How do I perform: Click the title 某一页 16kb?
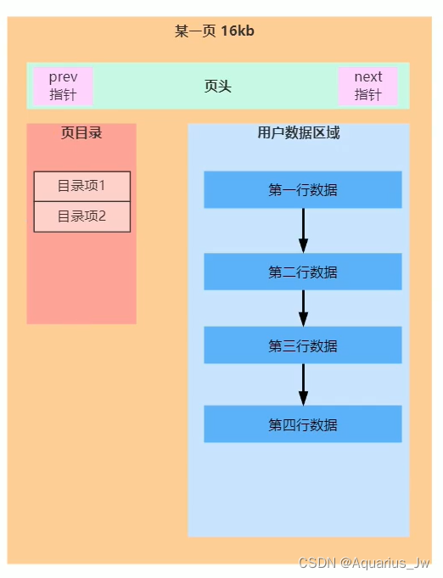(215, 31)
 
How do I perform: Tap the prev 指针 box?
(63, 86)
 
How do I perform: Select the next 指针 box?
(367, 86)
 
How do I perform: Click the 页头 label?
(218, 87)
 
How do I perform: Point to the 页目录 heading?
(81, 132)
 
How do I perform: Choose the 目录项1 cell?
(81, 186)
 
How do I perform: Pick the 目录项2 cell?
(81, 216)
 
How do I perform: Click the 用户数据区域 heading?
(299, 133)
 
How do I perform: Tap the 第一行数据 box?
(302, 189)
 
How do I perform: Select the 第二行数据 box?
(302, 272)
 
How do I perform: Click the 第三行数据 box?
(302, 345)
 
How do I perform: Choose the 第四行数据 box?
(302, 424)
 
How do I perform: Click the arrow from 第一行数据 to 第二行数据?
(303, 229)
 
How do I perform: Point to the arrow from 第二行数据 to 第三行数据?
(303, 307)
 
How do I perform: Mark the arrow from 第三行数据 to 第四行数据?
(303, 384)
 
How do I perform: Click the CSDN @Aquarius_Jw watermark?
(364, 563)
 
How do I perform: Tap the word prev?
(63, 77)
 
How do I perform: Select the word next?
(368, 77)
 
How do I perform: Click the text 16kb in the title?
(238, 31)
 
